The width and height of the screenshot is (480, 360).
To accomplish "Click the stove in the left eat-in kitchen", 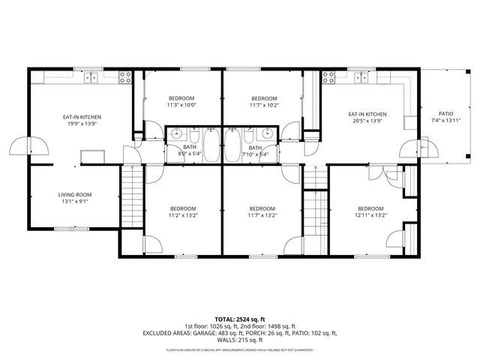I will tap(124, 75).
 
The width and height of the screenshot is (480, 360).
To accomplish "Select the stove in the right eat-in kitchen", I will tap(330, 75).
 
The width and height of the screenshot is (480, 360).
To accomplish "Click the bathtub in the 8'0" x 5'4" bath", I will tap(212, 145).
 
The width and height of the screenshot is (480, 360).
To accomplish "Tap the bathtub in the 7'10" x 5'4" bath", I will tap(232, 145).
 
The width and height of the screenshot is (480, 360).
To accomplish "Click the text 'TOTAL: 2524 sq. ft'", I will tap(240, 319).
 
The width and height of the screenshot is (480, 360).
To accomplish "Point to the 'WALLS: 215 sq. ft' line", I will tap(240, 340).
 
